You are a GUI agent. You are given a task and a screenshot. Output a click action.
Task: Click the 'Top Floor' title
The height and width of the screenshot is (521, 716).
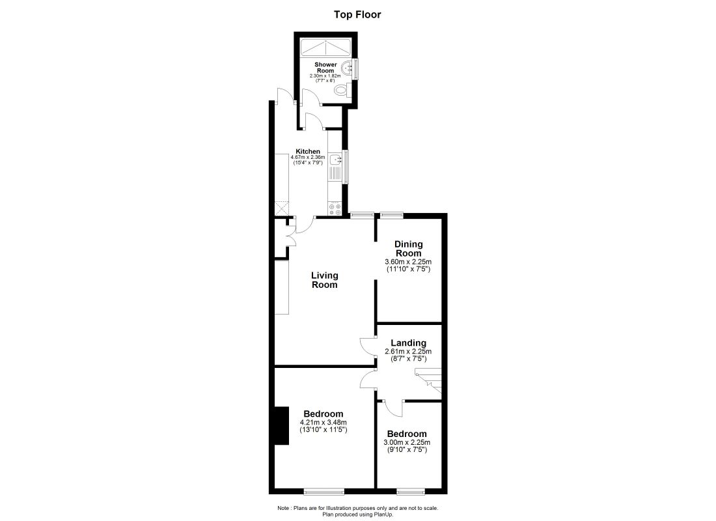(357, 14)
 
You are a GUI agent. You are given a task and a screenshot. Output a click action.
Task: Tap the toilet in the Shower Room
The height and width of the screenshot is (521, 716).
(340, 92)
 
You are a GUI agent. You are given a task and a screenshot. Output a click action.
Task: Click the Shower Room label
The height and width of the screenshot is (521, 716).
(325, 68)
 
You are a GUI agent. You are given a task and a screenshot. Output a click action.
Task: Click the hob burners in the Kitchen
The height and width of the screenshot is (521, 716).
(336, 209)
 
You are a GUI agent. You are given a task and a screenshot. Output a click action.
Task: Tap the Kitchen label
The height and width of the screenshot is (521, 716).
(308, 151)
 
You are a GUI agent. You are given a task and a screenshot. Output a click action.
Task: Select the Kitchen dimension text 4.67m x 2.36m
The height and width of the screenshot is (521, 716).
(309, 157)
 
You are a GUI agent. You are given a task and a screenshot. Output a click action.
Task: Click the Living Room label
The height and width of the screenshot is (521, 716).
(324, 279)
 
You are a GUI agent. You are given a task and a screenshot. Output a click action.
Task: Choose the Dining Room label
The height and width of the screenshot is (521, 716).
(408, 249)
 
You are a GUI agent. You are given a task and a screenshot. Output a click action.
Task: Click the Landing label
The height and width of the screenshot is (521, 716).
(408, 343)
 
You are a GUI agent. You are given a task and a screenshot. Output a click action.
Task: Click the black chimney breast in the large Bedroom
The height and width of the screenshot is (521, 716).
(281, 426)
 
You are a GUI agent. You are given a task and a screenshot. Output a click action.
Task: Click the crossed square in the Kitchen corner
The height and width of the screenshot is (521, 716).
(281, 208)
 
